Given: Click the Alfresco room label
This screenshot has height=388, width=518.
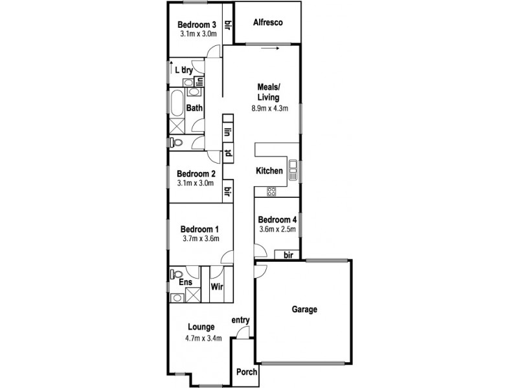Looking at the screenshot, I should (x=267, y=22).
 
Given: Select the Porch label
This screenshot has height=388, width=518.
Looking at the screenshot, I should (x=245, y=372).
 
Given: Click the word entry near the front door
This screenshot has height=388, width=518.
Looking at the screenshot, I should (x=240, y=320).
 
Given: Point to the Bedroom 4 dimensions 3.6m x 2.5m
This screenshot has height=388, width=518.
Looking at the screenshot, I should (x=277, y=229).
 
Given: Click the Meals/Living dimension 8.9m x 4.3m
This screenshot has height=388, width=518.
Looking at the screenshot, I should (x=268, y=109).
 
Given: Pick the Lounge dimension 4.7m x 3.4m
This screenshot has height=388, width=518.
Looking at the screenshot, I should (x=201, y=338).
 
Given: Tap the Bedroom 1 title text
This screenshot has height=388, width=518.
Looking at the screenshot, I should (x=199, y=228).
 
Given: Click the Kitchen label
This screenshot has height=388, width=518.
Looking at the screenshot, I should (x=269, y=171).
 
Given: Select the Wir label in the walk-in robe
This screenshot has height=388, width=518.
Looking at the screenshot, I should (x=217, y=285).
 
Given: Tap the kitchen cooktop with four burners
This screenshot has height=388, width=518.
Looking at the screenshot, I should (x=272, y=191).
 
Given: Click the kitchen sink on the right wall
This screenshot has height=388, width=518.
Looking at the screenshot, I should (x=293, y=171).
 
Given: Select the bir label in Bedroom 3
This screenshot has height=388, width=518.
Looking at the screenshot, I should (x=228, y=25).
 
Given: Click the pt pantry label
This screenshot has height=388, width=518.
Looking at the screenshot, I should (x=228, y=153).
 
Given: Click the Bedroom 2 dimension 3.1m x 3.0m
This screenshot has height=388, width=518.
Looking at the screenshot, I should (x=196, y=184).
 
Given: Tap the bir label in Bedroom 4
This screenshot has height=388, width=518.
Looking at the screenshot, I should (x=289, y=255).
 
